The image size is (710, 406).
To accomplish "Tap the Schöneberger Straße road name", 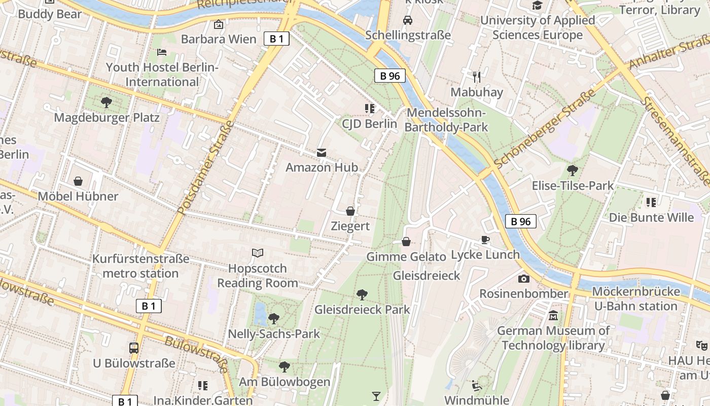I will click(x=545, y=130).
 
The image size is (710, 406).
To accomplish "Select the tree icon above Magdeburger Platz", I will click(x=106, y=103).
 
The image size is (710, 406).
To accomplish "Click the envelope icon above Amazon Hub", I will click(x=322, y=152).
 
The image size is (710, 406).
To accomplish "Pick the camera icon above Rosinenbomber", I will click(x=524, y=279).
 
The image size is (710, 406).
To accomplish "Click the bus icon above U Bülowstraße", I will click(x=134, y=348).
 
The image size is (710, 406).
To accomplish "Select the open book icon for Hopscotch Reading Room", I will click(x=258, y=253).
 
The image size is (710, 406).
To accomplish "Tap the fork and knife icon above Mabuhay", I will click(x=477, y=77).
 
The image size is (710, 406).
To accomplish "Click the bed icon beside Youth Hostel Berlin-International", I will click(x=161, y=52).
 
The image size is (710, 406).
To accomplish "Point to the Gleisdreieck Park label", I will click(x=362, y=310).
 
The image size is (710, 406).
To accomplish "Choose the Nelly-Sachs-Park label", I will click(x=274, y=333).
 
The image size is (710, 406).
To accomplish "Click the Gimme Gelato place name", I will click(x=406, y=257).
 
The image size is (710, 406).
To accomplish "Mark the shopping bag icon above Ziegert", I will click(x=350, y=211).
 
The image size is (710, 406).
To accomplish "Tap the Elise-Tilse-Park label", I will click(x=573, y=186).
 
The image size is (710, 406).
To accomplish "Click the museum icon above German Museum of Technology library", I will click(x=553, y=316).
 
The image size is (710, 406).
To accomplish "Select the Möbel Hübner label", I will click(x=78, y=196).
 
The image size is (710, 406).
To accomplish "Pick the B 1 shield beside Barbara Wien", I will click(x=276, y=39).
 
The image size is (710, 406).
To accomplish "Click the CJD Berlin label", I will click(x=369, y=124).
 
